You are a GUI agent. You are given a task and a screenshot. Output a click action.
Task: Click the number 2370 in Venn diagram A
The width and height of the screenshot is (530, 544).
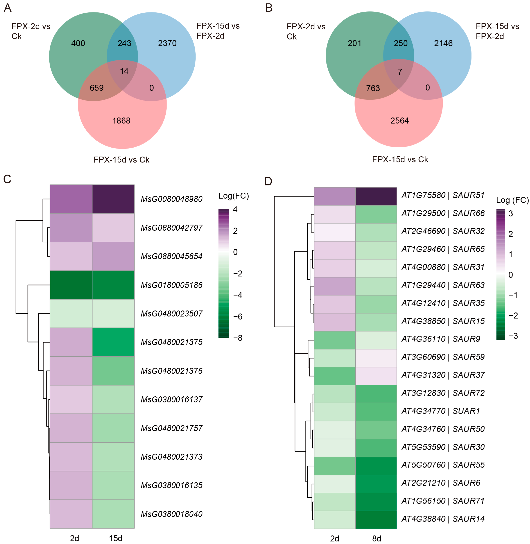[167, 43]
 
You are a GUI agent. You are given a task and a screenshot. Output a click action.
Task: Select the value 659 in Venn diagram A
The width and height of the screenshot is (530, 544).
[97, 88]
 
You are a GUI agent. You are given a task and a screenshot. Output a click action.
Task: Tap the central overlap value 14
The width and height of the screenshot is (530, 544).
[124, 71]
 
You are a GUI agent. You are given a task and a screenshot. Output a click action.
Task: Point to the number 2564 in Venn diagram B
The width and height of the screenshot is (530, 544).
[400, 121]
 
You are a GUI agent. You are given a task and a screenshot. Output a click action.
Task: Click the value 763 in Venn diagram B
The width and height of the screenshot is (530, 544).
[373, 89]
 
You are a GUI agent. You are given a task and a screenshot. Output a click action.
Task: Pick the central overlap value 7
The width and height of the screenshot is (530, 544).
[400, 72]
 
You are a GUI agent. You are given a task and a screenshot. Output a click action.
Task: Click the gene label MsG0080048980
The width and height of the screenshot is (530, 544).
[171, 199]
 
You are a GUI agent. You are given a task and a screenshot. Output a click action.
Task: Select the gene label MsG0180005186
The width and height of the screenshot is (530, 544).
[171, 285]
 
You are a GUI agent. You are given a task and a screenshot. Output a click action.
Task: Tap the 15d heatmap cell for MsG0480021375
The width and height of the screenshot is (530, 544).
[113, 342]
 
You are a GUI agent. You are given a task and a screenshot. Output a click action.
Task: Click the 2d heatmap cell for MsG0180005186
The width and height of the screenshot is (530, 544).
[71, 285]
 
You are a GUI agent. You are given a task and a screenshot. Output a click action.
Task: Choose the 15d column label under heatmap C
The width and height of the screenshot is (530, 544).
[116, 538]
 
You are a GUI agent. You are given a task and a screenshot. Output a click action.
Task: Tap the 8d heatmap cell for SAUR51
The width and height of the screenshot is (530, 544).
[376, 196]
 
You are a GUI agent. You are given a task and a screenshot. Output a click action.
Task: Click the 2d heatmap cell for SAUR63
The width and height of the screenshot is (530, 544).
[335, 286]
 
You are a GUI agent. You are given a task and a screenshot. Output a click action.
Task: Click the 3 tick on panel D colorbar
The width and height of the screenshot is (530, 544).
[511, 214]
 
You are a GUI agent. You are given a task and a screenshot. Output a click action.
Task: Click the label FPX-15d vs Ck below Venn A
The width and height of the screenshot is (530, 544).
[121, 160]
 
